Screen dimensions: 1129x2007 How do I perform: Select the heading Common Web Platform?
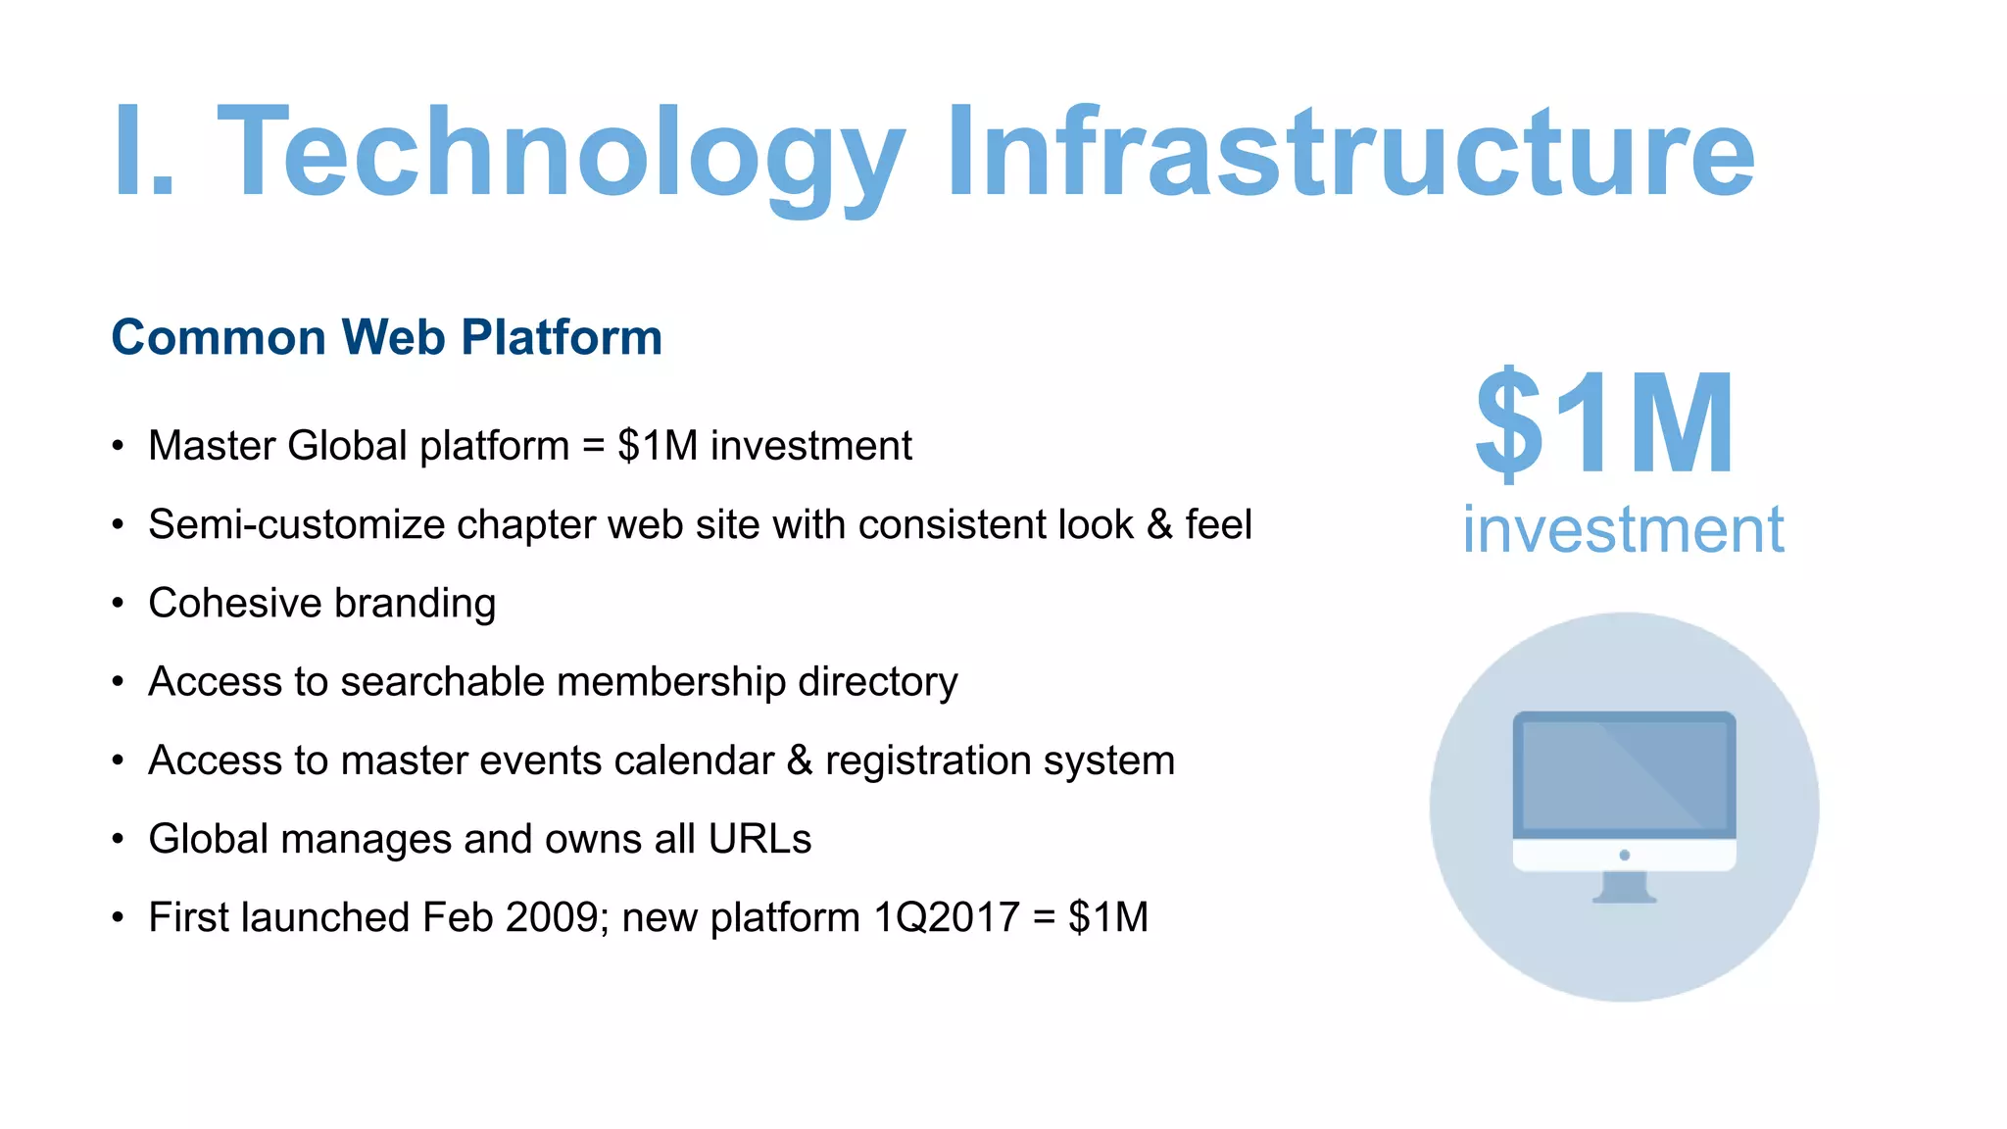387,337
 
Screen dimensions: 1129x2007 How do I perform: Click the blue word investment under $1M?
1623,529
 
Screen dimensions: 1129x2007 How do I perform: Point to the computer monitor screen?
1624,774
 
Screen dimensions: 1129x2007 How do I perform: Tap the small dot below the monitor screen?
1625,856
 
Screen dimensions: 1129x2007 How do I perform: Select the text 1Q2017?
946,917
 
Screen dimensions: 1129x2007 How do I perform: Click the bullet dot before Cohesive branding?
118,604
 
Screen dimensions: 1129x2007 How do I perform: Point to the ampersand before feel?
1159,524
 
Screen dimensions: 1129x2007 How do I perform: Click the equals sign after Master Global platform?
594,447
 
